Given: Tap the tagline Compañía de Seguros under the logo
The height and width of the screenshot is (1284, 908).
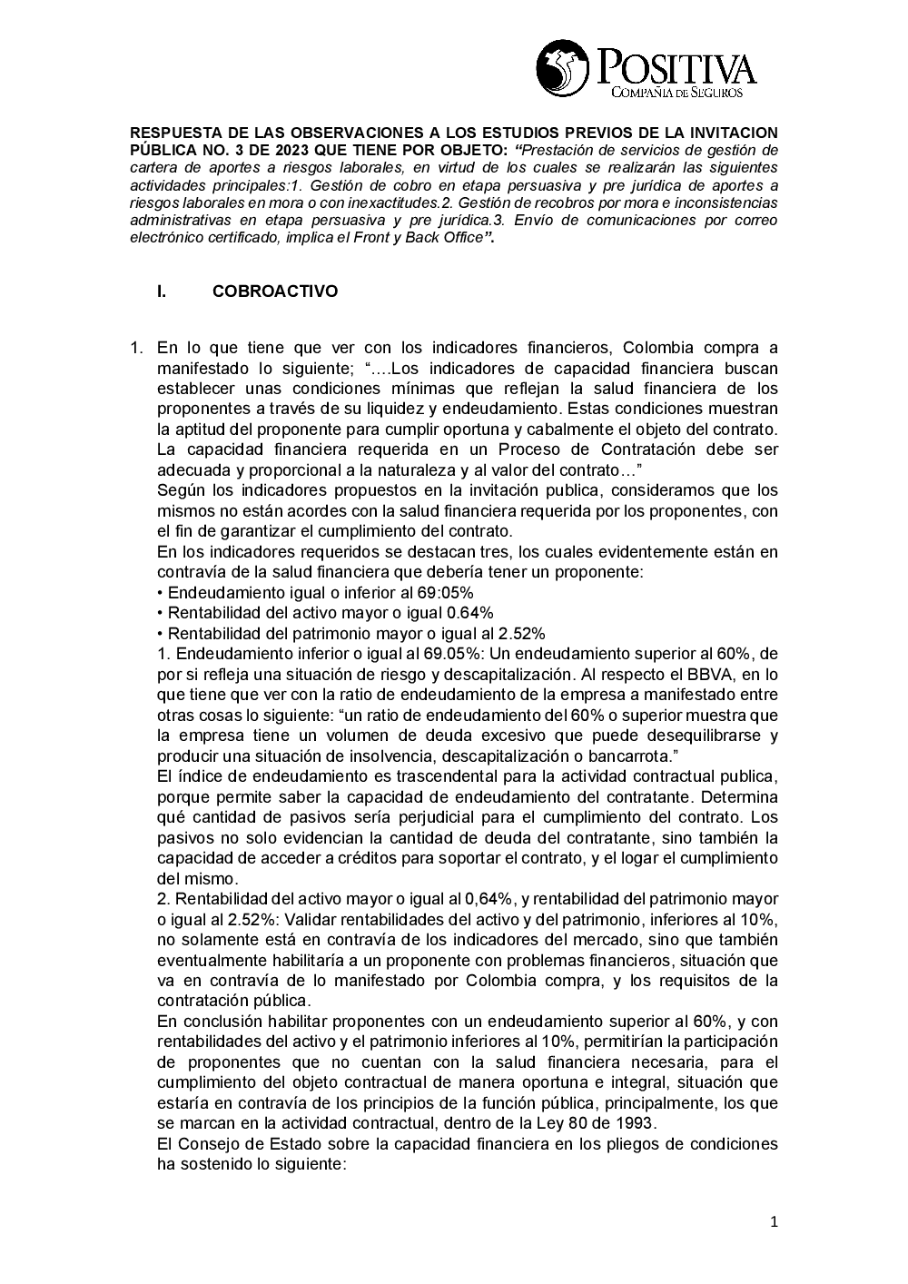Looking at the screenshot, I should pos(677,93).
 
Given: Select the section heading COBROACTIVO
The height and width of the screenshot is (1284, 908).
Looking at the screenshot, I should pos(274,291).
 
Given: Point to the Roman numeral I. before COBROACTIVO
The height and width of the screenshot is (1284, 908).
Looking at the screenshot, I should pos(162,291).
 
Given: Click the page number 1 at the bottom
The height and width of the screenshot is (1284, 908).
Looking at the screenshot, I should pos(774,1222).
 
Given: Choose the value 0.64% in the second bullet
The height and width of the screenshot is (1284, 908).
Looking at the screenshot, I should pos(465,613).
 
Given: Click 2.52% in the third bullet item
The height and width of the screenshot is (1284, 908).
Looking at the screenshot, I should pos(517,634).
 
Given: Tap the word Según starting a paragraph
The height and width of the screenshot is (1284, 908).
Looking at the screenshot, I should pos(178,490).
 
